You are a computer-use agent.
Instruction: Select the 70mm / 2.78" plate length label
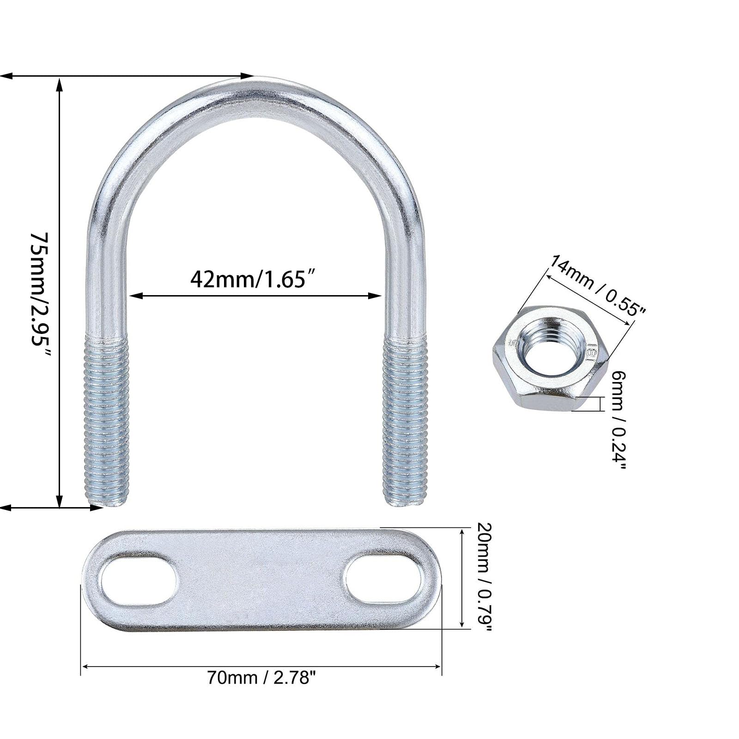[x=262, y=678]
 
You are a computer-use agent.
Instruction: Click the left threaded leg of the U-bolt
[x=106, y=421]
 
